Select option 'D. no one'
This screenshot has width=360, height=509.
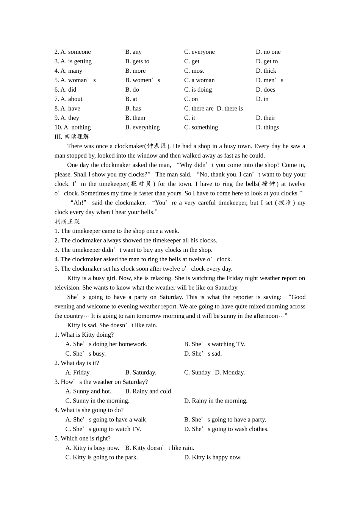pos(268,52)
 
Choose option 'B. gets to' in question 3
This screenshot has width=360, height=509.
pos(137,61)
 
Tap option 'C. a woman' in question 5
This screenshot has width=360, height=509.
pos(199,80)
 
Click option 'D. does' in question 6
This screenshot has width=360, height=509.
pos(265,90)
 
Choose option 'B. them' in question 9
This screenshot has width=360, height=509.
pos(135,118)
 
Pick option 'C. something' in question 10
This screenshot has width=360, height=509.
pos(201,128)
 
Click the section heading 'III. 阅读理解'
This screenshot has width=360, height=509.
pos(72,137)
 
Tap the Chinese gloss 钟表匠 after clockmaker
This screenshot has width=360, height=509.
pos(157,146)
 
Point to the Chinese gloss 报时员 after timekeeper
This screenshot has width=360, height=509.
pos(141,184)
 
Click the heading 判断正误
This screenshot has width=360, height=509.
pos(67,222)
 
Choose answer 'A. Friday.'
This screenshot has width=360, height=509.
pos(78,373)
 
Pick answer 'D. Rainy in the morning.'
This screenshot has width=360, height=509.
pos(216,401)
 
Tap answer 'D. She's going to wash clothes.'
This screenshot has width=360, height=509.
pos(226,429)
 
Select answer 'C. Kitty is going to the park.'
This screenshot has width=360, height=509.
pos(102,457)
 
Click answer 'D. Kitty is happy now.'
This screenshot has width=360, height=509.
pos(213,457)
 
